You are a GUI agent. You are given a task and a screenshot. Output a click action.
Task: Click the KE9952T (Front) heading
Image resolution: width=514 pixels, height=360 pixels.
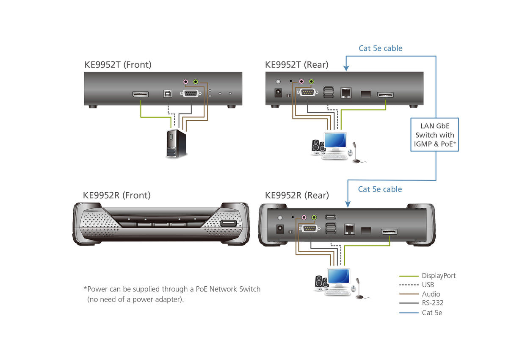118,65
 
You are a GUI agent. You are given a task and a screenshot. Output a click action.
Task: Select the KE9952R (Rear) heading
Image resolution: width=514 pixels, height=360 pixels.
296,195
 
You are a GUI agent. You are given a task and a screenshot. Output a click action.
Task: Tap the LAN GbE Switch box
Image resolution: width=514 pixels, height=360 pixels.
434,135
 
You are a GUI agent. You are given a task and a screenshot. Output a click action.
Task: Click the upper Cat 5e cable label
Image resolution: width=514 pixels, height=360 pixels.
381,48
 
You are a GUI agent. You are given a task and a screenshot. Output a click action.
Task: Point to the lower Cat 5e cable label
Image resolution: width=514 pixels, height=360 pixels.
380,189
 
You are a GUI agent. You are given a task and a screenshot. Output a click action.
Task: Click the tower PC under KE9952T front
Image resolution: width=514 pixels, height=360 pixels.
176,144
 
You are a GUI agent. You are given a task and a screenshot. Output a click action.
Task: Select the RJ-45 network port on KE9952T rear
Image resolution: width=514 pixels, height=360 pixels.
346,92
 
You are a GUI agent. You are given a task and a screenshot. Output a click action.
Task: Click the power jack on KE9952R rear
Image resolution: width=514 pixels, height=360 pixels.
280,229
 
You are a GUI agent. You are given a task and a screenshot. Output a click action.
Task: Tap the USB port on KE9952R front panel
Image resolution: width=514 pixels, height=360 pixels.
228,224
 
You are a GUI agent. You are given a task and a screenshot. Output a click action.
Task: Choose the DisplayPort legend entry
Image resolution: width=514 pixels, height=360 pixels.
439,276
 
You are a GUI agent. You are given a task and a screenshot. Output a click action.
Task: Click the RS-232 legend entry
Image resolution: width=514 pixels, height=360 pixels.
432,303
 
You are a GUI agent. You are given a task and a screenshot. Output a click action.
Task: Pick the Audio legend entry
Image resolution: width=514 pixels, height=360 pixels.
431,294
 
